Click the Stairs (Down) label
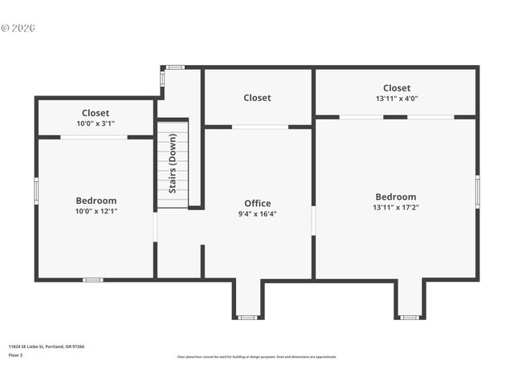pos(173,164)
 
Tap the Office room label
pos(257,203)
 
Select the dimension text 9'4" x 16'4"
pos(257,214)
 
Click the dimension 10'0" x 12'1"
pos(96,211)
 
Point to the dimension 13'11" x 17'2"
pos(396,207)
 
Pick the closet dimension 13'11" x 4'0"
pos(396,99)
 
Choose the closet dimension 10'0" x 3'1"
pos(96,124)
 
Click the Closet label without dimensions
pos(257,98)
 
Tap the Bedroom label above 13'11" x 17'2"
pos(396,197)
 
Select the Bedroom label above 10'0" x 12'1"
pos(96,201)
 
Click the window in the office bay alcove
pos(247,318)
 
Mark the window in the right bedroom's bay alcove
pos(410,318)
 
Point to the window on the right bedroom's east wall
pos(477,192)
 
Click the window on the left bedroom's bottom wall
pos(93,279)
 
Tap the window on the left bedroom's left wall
pos(36,190)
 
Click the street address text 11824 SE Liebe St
pos(47,346)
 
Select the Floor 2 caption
pos(16,355)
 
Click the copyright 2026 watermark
pos(18,28)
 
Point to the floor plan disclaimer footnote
pos(257,357)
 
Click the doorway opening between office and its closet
pos(260,127)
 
